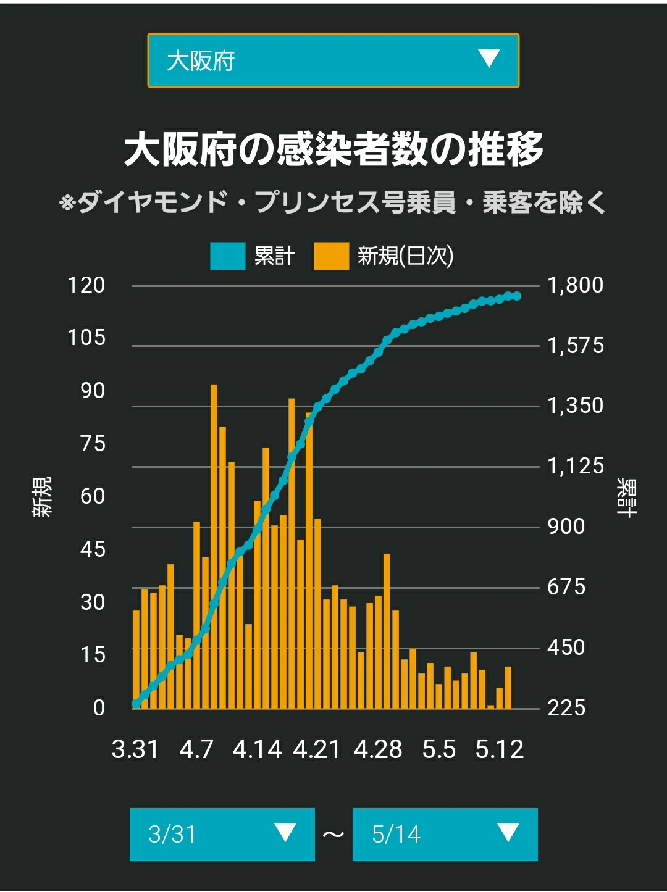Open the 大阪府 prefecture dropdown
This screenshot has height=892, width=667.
click(x=333, y=60)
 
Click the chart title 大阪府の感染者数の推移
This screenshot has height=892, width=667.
click(x=333, y=149)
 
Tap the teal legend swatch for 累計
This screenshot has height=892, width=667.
click(x=228, y=256)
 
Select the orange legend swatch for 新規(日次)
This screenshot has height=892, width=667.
click(x=331, y=256)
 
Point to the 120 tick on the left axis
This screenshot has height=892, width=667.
click(x=86, y=285)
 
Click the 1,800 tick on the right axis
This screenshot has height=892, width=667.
click(x=576, y=285)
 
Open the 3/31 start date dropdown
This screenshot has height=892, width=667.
click(x=222, y=835)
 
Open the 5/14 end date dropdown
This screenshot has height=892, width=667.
click(x=445, y=835)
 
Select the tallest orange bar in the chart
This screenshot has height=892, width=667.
click(x=214, y=546)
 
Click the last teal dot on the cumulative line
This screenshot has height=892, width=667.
click(x=517, y=296)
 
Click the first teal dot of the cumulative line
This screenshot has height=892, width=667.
click(x=136, y=704)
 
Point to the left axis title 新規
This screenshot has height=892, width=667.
click(x=42, y=497)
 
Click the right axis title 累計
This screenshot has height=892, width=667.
click(x=626, y=498)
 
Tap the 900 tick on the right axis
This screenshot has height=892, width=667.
click(x=566, y=527)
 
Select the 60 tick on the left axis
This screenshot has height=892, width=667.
click(x=93, y=496)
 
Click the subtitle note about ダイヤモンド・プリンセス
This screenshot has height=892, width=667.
click(x=332, y=202)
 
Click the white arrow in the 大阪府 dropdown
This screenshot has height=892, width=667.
click(x=489, y=58)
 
